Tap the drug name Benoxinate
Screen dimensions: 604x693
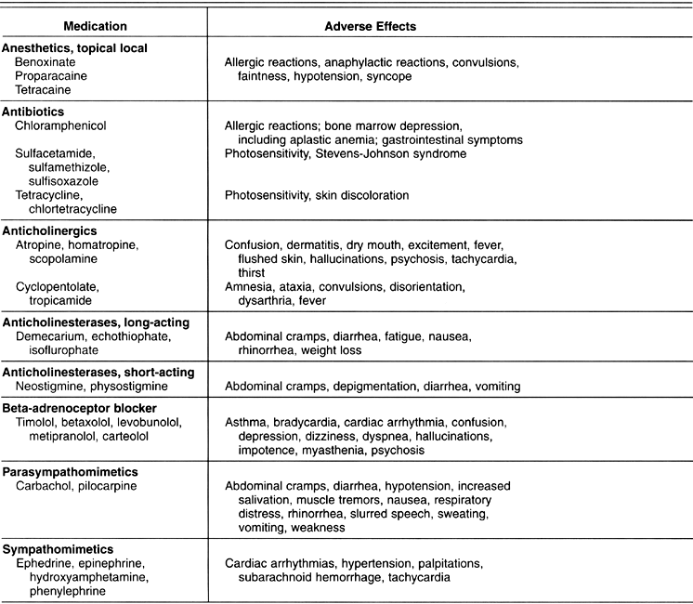47,61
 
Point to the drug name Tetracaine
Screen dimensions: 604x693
43,90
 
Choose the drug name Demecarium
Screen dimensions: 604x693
51,335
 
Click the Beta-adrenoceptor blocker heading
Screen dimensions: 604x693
79,408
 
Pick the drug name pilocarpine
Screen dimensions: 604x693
108,485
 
